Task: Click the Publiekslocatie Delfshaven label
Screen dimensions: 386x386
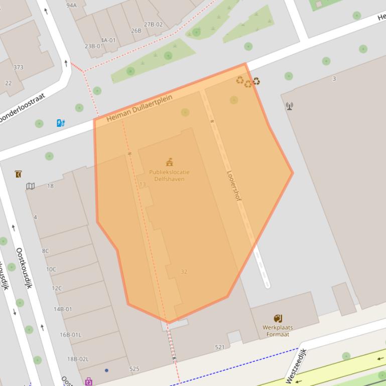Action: [x=169, y=175]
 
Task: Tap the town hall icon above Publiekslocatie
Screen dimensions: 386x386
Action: [x=170, y=162]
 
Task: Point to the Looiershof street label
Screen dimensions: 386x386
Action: [x=234, y=186]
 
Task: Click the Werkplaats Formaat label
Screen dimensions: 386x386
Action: [x=278, y=331]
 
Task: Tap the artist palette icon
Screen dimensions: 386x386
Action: [x=278, y=318]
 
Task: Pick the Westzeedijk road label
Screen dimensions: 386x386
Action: [x=295, y=365]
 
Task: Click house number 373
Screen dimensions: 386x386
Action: [x=18, y=68]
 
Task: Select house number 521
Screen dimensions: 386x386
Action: [x=220, y=347]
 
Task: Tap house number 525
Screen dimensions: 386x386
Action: [x=134, y=369]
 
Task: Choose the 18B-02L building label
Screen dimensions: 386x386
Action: [x=78, y=359]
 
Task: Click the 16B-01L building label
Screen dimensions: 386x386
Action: [x=70, y=334]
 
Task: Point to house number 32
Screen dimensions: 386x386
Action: [x=184, y=272]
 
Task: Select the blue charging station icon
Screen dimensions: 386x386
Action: [x=61, y=122]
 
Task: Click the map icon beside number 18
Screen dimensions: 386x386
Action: [x=31, y=186]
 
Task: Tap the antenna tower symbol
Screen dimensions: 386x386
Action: [x=289, y=106]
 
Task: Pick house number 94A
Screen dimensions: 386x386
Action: [x=71, y=6]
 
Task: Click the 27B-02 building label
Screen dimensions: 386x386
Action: [x=153, y=25]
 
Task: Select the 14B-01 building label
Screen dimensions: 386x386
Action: [x=63, y=309]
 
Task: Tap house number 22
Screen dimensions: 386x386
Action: [x=9, y=83]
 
